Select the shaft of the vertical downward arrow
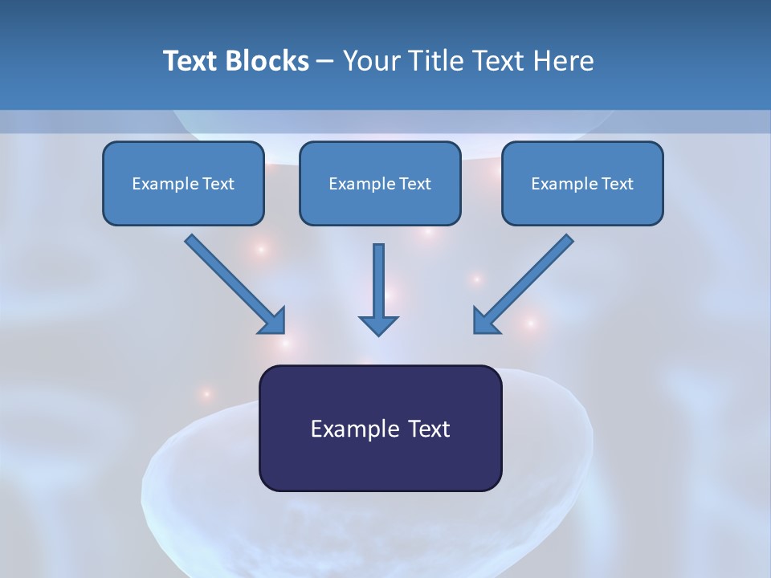[378, 277]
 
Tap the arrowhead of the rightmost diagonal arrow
[484, 321]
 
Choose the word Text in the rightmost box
[617, 184]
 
